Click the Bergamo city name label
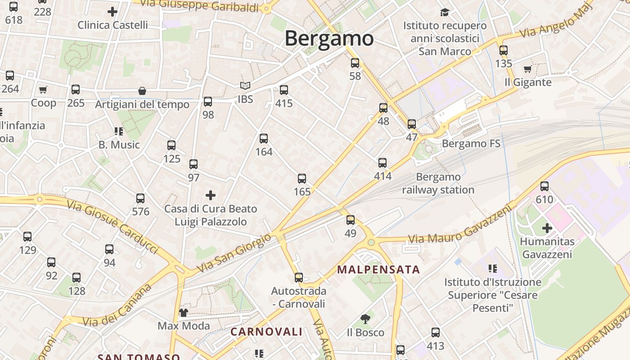pos(329,39)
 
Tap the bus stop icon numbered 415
pos(283,90)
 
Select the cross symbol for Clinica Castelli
pos(112,12)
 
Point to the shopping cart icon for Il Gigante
pos(528,69)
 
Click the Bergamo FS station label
pos(471,144)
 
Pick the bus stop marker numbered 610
pos(544,186)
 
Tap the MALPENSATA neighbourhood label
pos(378,270)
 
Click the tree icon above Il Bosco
pos(365,319)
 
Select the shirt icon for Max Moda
pos(184,312)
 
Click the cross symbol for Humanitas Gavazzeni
pos(547,228)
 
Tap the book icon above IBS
pos(245,85)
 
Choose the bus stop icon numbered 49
pos(351,220)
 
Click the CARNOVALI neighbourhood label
pos(266,332)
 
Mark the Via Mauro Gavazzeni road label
pos(460,225)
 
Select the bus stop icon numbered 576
pos(140,198)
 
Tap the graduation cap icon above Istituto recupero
pos(445,12)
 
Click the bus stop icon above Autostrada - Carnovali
pos(299,277)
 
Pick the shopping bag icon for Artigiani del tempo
pos(142,91)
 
